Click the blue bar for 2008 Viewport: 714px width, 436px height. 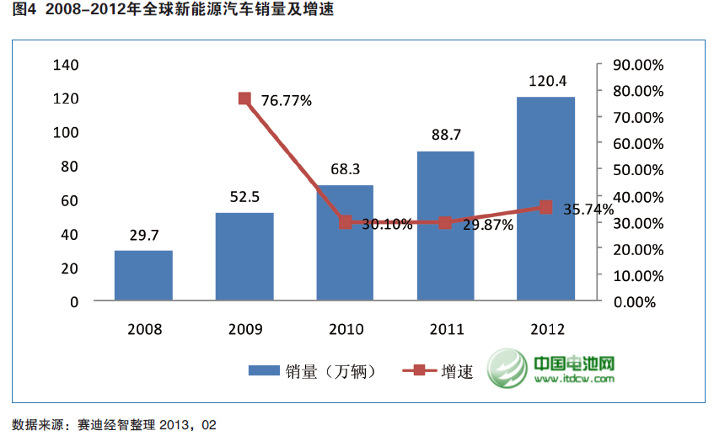pos(143,275)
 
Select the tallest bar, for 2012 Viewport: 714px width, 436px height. pos(545,199)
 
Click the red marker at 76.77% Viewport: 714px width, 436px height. pos(244,98)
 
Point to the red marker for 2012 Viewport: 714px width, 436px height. pos(545,207)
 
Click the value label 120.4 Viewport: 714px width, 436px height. pos(546,82)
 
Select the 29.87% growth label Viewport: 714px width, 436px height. pos(488,225)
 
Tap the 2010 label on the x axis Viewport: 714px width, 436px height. pos(345,329)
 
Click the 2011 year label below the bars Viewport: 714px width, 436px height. pos(445,329)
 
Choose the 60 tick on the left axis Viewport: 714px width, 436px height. pos(69,200)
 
